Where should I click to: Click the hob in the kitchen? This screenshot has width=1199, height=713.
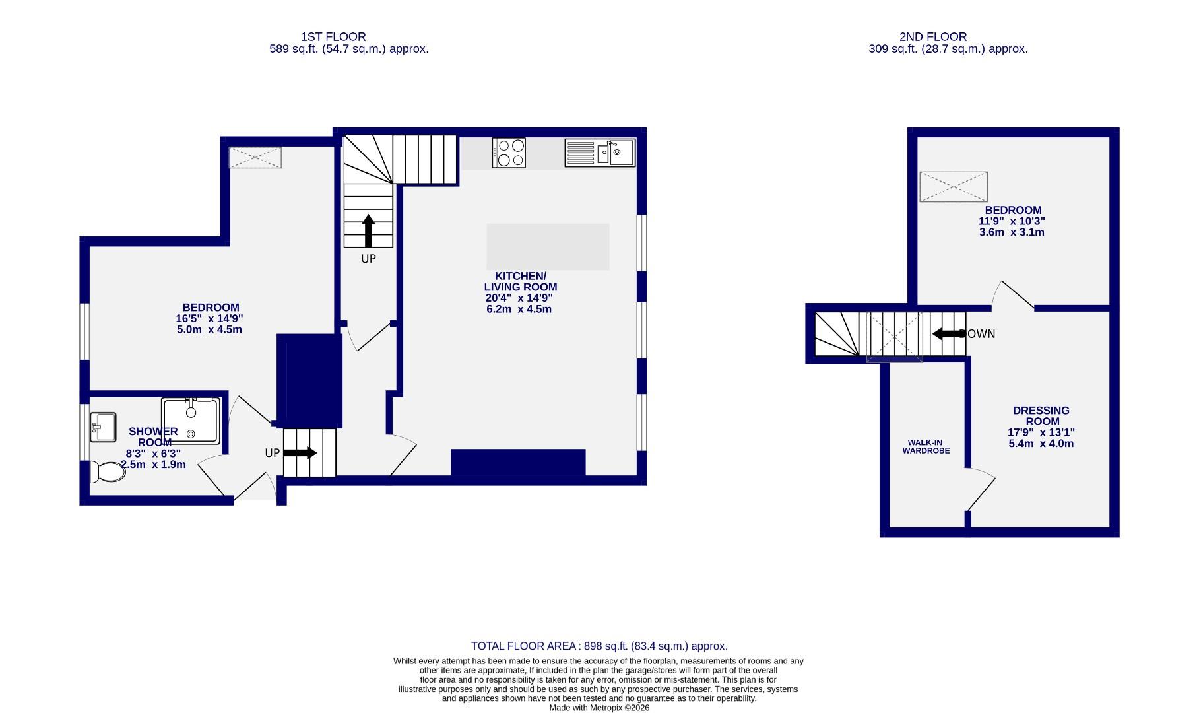point(509,153)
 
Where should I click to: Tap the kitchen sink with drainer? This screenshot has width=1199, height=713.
point(600,153)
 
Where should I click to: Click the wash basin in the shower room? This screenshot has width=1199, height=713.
point(103,427)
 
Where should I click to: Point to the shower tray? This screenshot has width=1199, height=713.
point(191,420)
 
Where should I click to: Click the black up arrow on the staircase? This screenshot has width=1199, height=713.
point(368,230)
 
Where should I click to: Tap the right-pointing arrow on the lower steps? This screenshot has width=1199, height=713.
point(300,453)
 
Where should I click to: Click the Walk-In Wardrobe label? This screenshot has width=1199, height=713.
point(926,447)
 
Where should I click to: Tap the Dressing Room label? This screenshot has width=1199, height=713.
point(1041,416)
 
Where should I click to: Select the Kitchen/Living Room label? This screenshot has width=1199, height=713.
point(521,281)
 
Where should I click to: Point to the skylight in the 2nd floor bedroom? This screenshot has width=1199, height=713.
point(954,187)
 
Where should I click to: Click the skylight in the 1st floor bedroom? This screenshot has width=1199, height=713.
point(255,157)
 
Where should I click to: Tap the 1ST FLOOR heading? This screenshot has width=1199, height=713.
point(333,37)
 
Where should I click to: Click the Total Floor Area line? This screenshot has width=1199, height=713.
point(599,646)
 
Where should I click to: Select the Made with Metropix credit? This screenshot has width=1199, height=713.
point(599,708)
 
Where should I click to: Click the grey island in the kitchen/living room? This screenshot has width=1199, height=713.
point(548,247)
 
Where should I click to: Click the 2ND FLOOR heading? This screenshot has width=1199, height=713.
point(932,37)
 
